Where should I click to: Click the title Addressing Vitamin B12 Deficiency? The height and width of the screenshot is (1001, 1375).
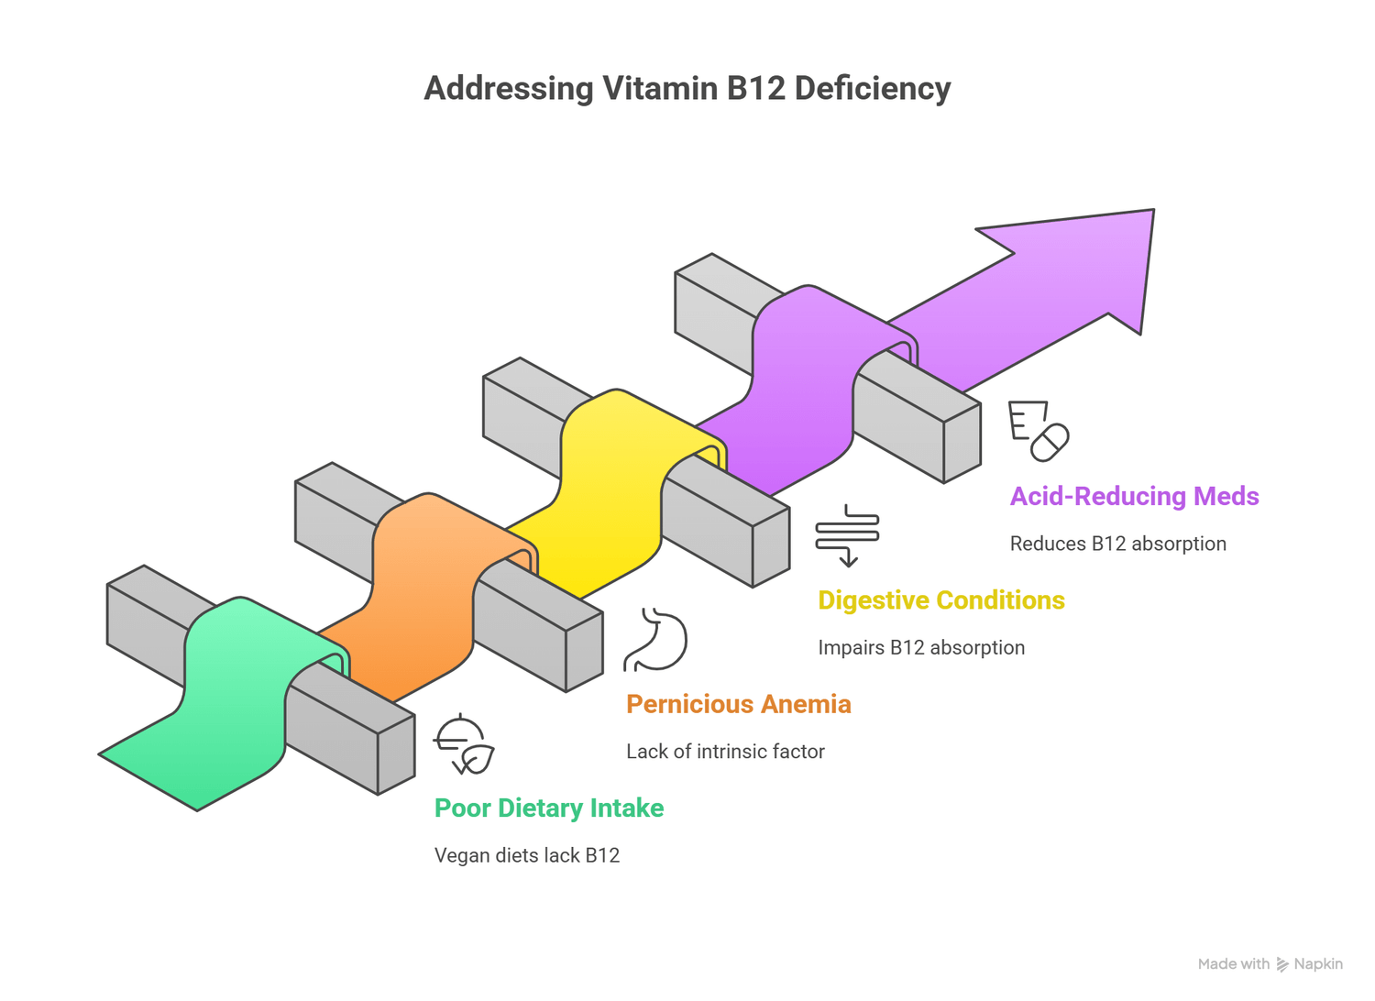[x=687, y=89]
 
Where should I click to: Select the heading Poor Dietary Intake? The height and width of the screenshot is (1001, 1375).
[x=548, y=808]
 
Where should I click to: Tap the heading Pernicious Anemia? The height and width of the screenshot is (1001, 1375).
[x=738, y=704]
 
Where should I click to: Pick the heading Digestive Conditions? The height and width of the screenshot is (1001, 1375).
[x=940, y=600]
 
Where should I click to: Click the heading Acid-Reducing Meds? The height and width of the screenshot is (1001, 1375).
[x=1134, y=496]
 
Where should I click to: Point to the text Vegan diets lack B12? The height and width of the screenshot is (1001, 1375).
[x=526, y=855]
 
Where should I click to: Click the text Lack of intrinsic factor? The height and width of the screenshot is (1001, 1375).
[x=725, y=752]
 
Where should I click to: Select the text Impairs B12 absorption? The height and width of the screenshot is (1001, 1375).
[x=920, y=647]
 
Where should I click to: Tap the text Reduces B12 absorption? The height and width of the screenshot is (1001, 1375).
[x=1117, y=544]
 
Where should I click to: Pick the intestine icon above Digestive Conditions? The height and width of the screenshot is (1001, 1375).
[x=847, y=534]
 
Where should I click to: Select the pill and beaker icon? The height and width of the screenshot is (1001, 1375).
[x=1039, y=431]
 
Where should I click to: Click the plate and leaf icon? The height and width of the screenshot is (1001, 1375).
[x=464, y=744]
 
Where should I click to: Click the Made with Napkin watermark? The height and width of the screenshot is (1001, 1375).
[x=1270, y=964]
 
